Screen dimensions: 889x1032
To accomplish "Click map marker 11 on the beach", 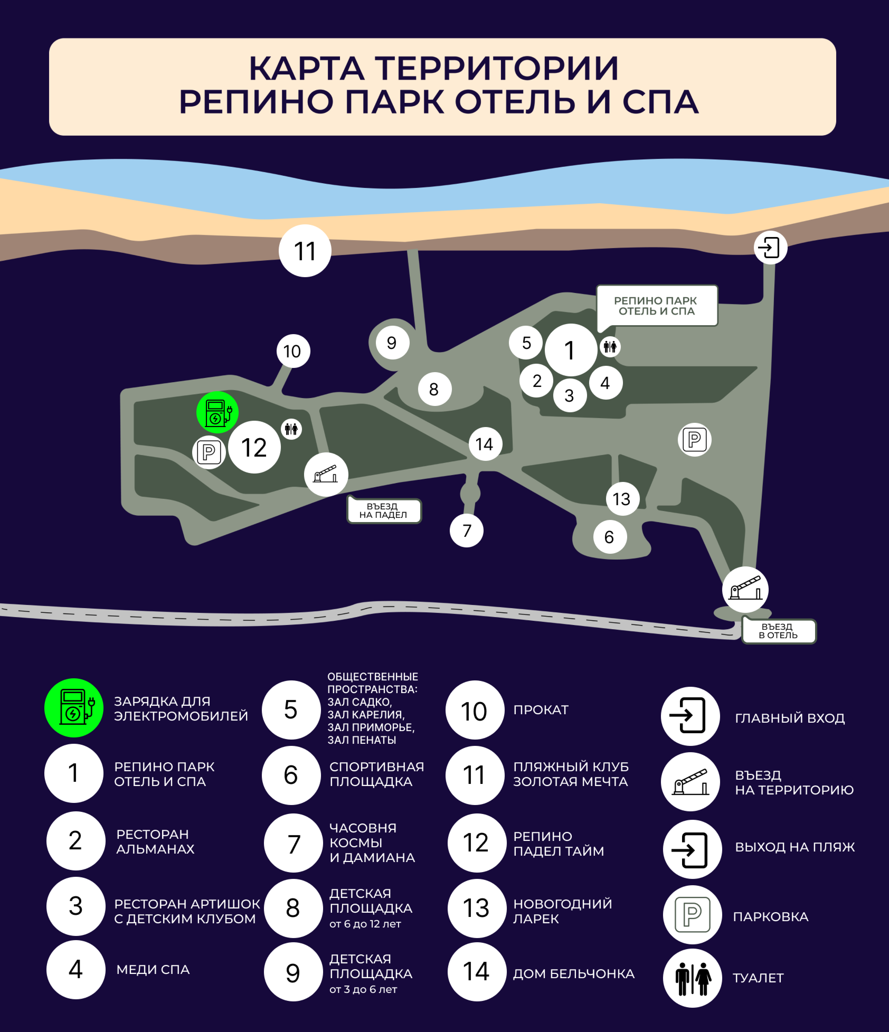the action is coord(305,251).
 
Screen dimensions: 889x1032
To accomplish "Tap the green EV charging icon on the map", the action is coord(217,412).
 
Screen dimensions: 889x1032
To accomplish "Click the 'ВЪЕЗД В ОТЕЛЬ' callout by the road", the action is coord(778,631).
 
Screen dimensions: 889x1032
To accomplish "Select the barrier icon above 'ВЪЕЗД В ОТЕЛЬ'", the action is coord(745,590).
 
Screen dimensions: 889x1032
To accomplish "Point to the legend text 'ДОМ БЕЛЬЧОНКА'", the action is coord(574,974).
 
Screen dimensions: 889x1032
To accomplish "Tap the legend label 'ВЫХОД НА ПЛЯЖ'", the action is coord(795,847).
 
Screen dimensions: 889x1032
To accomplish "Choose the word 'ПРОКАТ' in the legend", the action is coord(541,710).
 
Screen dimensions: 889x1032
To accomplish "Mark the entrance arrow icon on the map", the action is coord(770,248).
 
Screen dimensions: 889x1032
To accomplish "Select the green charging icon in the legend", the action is coord(74,708).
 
